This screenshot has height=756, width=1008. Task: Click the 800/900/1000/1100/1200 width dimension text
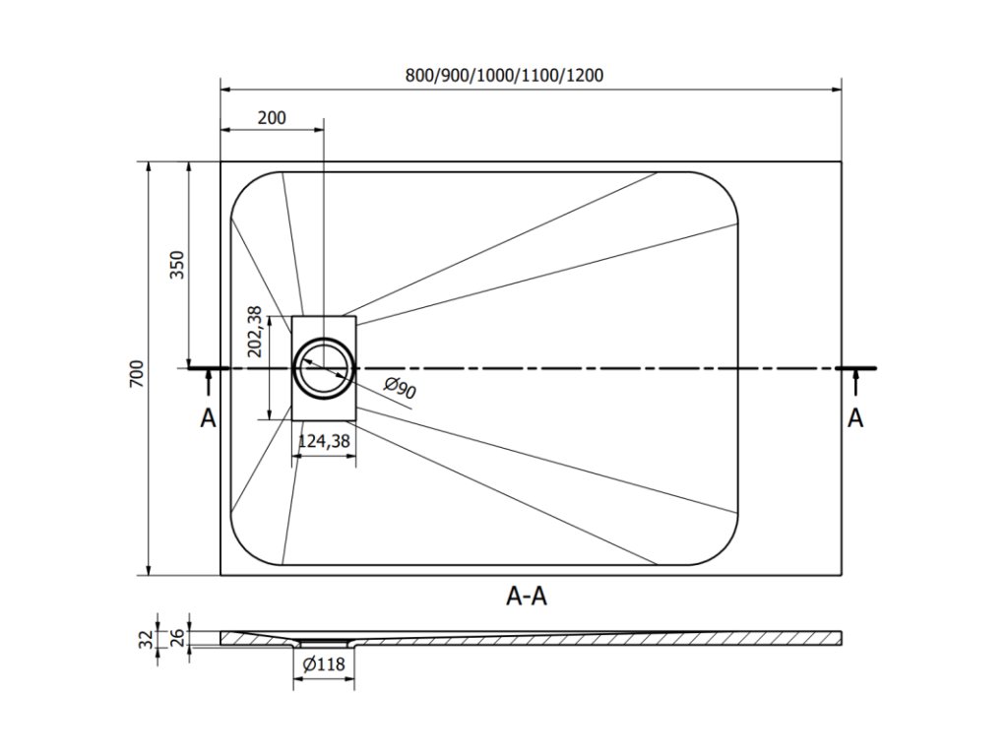click(x=504, y=75)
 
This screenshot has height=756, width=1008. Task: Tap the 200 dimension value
click(x=272, y=118)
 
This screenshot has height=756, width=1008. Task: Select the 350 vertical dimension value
click(x=177, y=265)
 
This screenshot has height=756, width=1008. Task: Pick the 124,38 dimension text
click(x=324, y=442)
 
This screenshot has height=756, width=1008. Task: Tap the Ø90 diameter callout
click(x=401, y=389)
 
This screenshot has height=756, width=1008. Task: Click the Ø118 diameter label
click(x=324, y=664)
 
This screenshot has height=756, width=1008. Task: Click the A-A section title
click(x=528, y=595)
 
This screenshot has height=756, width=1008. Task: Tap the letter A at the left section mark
click(x=208, y=418)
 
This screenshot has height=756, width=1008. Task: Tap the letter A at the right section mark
click(x=855, y=418)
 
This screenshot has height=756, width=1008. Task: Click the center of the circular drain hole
click(x=324, y=368)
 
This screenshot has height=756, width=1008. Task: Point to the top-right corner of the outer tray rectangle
click(x=842, y=161)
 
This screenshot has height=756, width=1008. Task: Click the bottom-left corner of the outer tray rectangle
click(x=220, y=575)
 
